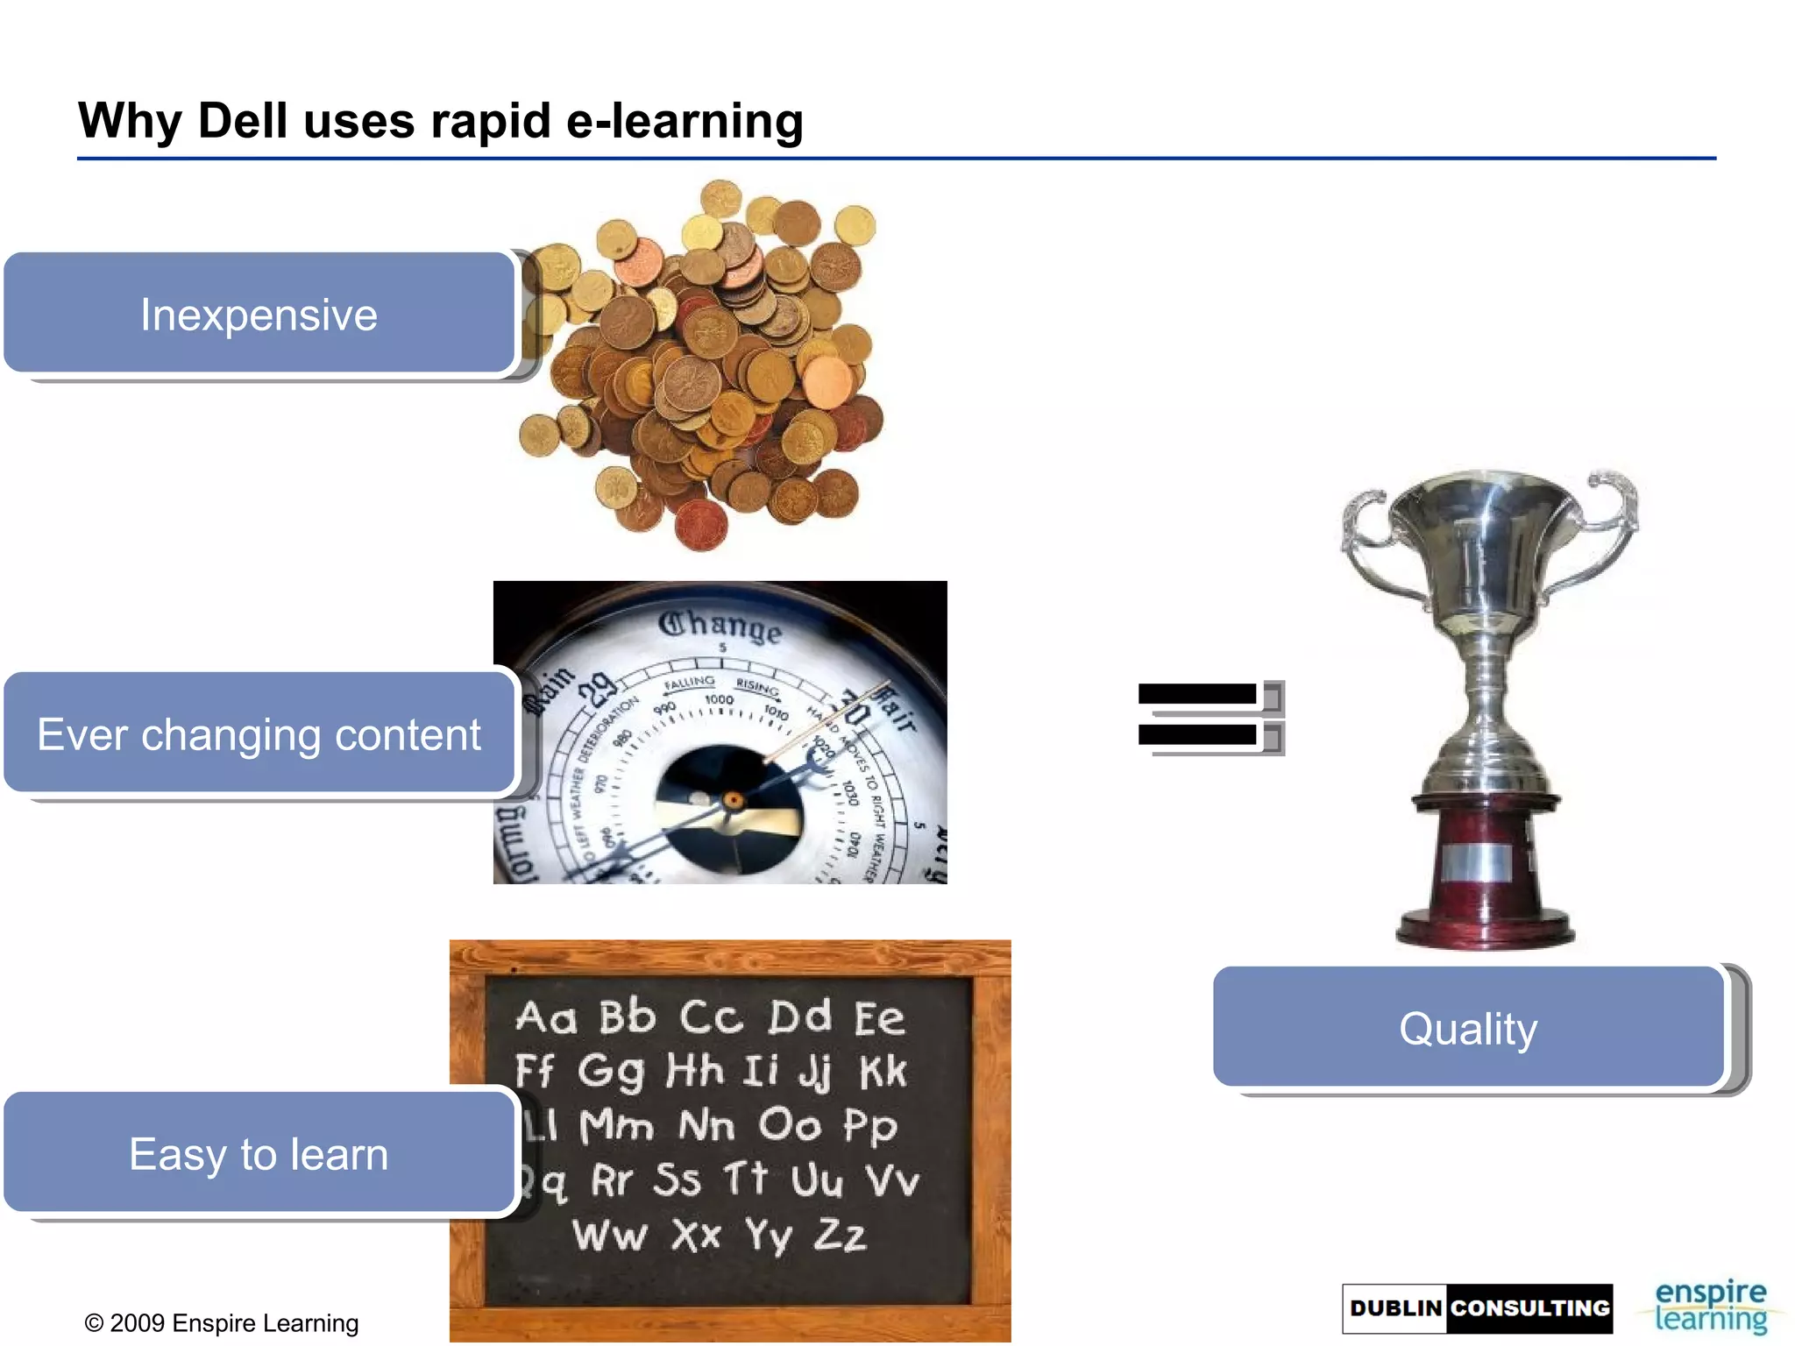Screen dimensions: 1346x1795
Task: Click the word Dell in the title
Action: pos(243,120)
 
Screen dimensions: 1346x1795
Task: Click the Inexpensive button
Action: pos(259,314)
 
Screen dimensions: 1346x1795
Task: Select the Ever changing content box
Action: pos(259,733)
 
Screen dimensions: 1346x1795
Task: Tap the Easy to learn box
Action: pos(259,1153)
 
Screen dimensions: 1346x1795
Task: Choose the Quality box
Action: pos(1468,1028)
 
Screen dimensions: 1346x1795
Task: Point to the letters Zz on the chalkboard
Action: pos(840,1235)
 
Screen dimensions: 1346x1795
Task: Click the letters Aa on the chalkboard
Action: pos(546,1017)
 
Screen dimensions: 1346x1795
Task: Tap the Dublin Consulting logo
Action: pos(1478,1308)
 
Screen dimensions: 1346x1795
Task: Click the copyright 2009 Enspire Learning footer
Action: pos(222,1322)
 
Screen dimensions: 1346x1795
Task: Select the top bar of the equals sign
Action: pos(1197,694)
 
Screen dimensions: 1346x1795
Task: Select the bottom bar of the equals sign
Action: pos(1197,734)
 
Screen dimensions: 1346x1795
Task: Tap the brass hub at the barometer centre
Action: pos(733,800)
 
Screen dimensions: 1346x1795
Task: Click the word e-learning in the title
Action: pos(685,120)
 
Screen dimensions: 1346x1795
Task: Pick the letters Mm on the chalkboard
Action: pos(617,1125)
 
